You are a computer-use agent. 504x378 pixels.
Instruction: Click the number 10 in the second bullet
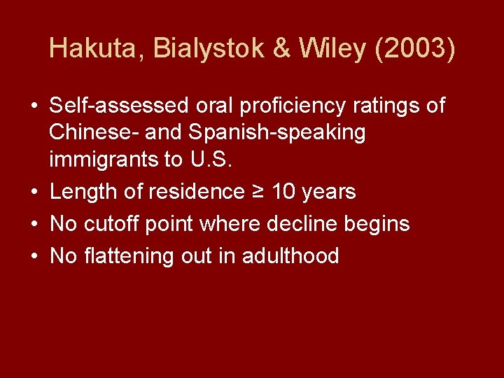(282, 192)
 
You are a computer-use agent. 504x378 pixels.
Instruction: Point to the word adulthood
(290, 256)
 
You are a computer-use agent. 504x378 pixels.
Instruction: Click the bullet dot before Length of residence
(34, 192)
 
